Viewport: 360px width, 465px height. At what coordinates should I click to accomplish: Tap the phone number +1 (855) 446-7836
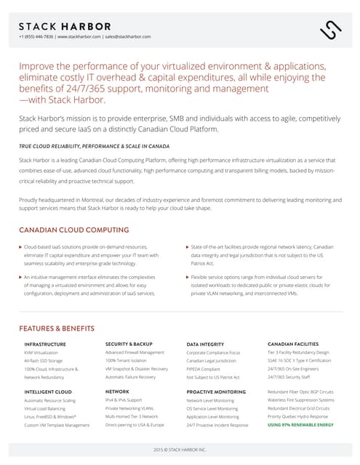click(x=36, y=36)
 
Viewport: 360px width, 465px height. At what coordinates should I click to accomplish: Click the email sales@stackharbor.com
click(x=128, y=36)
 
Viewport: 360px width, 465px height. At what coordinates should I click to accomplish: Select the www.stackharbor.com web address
click(x=80, y=36)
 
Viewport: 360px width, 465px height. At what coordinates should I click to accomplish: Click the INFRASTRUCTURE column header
click(x=45, y=344)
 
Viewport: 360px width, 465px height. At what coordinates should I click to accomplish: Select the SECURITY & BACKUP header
click(x=129, y=344)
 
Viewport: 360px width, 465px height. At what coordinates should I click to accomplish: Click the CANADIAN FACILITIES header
click(x=293, y=344)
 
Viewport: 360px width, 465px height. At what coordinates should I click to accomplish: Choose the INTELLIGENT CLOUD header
click(x=48, y=392)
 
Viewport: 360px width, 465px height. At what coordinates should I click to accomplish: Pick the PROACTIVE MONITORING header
click(x=216, y=392)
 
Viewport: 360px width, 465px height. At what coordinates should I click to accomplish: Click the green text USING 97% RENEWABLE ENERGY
click(x=300, y=425)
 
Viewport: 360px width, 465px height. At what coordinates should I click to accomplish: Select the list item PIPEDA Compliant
click(x=203, y=369)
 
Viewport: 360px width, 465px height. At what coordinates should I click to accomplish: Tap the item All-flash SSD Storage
click(x=44, y=361)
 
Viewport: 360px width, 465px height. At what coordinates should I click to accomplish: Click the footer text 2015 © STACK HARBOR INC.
click(x=180, y=450)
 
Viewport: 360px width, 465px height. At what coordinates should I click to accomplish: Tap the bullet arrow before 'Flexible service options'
click(x=187, y=277)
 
